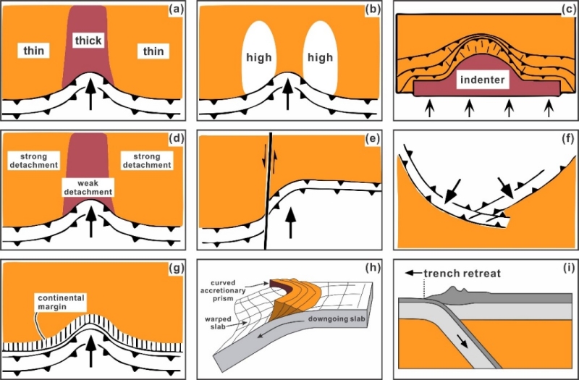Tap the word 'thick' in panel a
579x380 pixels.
tap(89, 42)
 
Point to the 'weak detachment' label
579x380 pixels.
tap(88, 189)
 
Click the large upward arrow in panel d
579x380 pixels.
tap(90, 221)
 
